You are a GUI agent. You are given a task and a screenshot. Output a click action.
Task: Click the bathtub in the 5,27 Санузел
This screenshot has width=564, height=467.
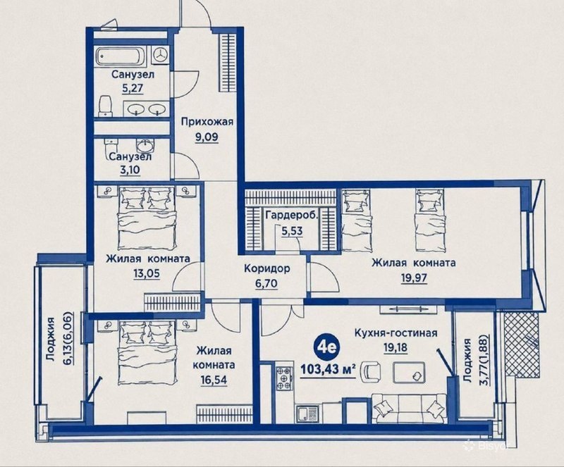121,56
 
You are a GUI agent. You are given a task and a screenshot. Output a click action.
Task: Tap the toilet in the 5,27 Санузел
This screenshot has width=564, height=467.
105,106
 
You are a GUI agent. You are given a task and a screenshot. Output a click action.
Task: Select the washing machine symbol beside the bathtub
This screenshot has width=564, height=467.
160,55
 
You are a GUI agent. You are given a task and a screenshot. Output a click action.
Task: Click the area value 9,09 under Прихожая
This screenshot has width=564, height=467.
207,137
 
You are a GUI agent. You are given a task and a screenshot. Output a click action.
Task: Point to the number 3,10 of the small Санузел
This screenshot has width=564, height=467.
130,170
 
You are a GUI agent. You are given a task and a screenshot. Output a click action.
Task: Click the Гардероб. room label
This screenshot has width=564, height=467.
292,216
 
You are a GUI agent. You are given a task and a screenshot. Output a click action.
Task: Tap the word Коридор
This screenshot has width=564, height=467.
267,268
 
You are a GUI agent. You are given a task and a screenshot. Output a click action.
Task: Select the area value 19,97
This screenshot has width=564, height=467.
414,278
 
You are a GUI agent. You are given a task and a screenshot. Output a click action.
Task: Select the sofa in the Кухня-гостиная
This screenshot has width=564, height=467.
409,408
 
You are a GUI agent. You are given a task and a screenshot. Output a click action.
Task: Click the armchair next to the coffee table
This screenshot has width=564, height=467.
372,371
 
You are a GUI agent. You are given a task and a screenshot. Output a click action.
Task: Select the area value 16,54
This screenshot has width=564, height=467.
214,380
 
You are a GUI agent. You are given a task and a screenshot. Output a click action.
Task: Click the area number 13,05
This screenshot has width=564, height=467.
147,273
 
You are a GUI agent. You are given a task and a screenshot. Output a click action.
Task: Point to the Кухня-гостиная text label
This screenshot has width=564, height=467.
396,333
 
